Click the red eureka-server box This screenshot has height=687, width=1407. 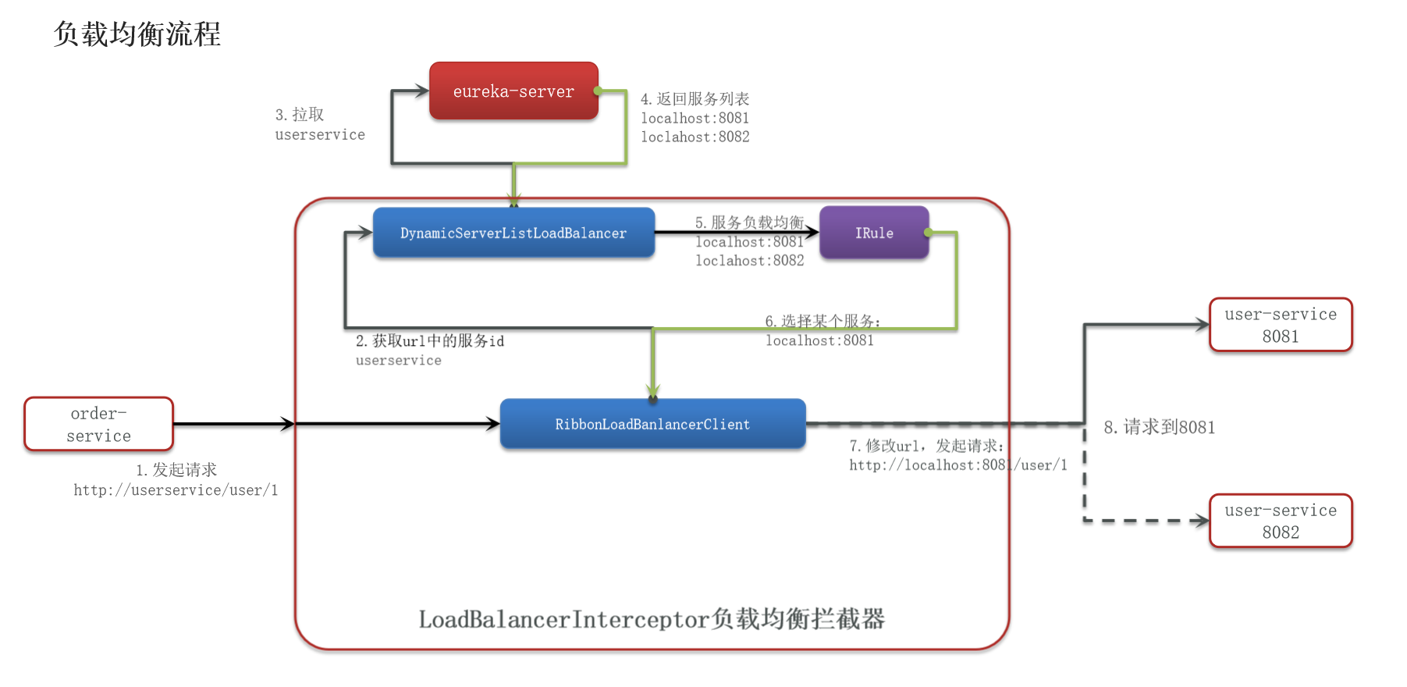click(x=513, y=91)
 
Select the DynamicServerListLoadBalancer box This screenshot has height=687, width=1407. click(x=513, y=233)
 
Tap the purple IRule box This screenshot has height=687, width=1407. click(x=874, y=233)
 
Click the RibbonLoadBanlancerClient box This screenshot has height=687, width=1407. click(x=652, y=424)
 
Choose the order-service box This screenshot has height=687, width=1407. click(x=98, y=424)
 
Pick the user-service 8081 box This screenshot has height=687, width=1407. click(x=1280, y=325)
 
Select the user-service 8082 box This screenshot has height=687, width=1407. click(x=1280, y=521)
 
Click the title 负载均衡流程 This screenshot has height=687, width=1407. click(x=137, y=34)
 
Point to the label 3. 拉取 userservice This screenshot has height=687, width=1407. click(x=318, y=125)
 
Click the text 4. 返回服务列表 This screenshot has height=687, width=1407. click(x=695, y=99)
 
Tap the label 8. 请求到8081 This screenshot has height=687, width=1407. click(x=1159, y=427)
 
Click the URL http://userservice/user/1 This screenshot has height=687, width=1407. click(x=176, y=490)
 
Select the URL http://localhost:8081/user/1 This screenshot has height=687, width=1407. click(x=958, y=465)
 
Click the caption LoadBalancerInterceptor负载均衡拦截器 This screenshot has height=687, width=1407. click(x=652, y=619)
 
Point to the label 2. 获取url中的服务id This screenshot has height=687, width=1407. click(x=430, y=341)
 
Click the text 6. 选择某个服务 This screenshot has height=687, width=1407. click(x=822, y=321)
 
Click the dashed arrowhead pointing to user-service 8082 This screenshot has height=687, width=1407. click(x=1200, y=521)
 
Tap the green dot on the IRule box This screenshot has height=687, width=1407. click(x=928, y=233)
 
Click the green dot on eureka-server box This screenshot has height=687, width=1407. click(x=598, y=91)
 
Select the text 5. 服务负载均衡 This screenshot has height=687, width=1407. click(x=749, y=222)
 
